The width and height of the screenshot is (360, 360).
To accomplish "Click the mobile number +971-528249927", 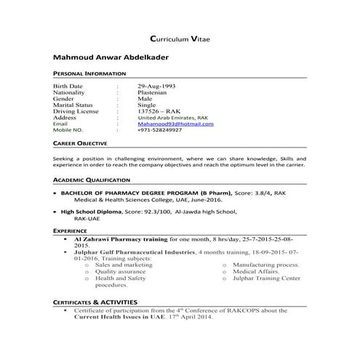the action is [x=160, y=130].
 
